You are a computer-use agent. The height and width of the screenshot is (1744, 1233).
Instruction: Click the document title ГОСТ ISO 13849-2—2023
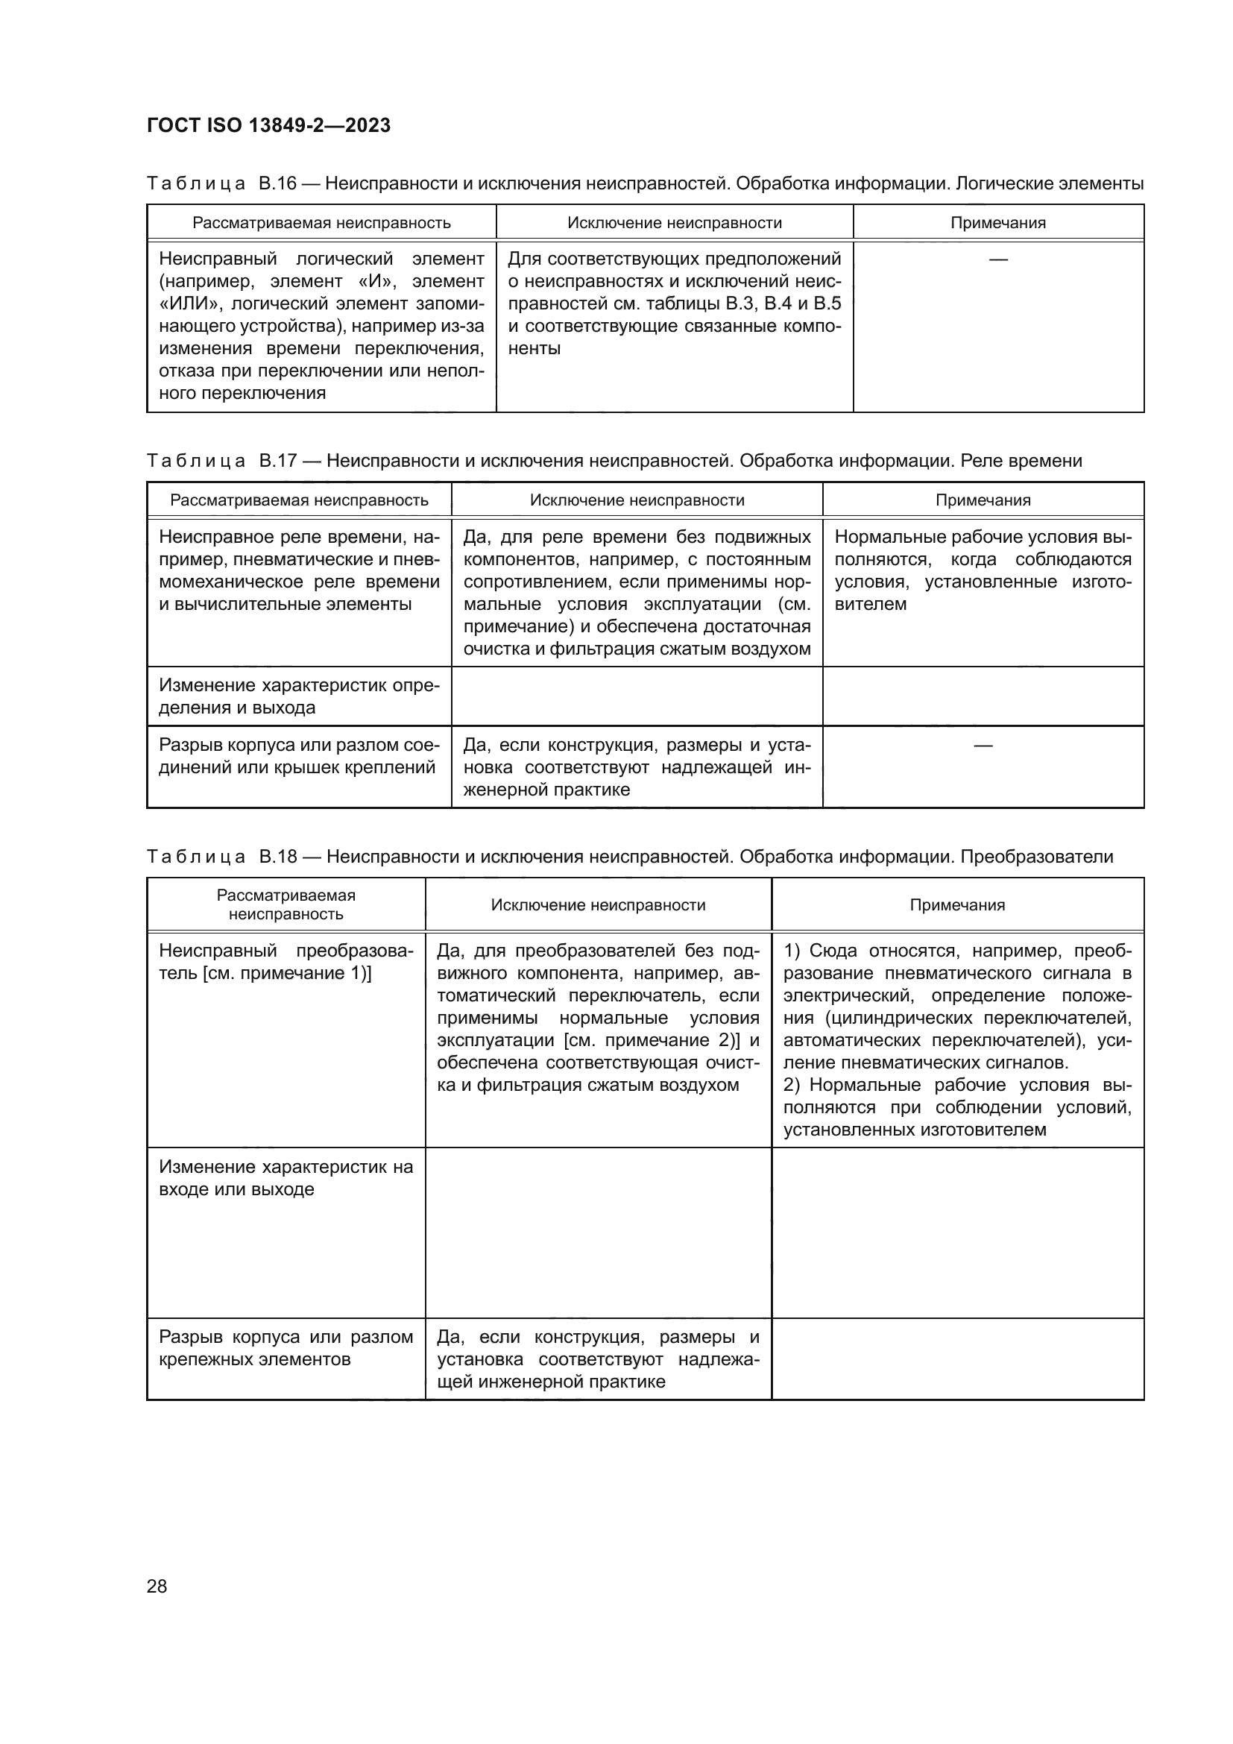tap(269, 125)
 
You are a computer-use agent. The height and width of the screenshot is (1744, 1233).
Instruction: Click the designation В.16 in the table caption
tap(277, 184)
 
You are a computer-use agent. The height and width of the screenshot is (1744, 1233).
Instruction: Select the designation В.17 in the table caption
tap(277, 461)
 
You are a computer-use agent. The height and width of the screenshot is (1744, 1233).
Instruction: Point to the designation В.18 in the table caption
tap(277, 857)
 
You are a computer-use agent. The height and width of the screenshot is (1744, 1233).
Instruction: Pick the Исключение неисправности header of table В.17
tap(636, 500)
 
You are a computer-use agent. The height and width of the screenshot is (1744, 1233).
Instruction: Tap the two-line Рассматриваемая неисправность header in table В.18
tap(286, 904)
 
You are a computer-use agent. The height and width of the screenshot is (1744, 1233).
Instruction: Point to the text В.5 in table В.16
tap(826, 303)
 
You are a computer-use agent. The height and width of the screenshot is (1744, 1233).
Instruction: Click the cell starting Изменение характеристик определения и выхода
tap(299, 696)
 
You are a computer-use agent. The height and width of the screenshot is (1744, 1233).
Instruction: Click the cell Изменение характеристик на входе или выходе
tap(286, 1178)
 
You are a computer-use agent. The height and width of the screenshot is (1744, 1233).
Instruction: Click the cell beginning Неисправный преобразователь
tap(286, 963)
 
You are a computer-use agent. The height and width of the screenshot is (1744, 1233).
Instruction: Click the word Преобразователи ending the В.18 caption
tap(1036, 857)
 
